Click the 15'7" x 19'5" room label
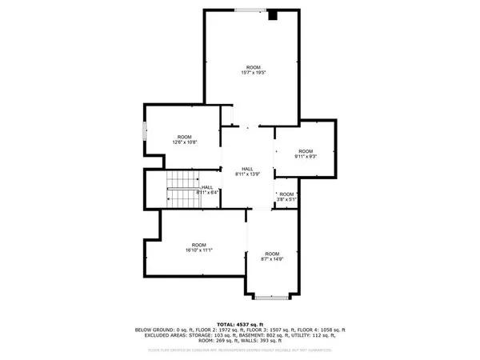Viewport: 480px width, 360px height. coord(254,70)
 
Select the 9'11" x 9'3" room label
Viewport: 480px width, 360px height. coord(306,154)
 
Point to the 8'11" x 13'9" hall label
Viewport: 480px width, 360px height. coord(249,171)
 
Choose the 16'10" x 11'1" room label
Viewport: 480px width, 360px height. coord(198,247)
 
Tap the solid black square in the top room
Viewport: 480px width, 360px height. coord(274,14)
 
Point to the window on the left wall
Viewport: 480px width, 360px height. coord(144,130)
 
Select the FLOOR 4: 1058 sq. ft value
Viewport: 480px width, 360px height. coord(325,329)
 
